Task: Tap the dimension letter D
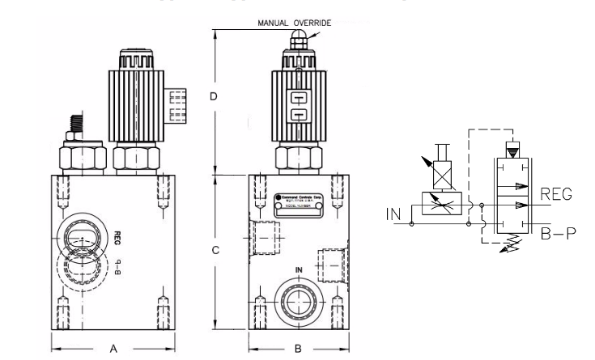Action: pyautogui.click(x=214, y=96)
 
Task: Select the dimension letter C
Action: pyautogui.click(x=214, y=251)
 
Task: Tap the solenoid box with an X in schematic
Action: pyautogui.click(x=441, y=174)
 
